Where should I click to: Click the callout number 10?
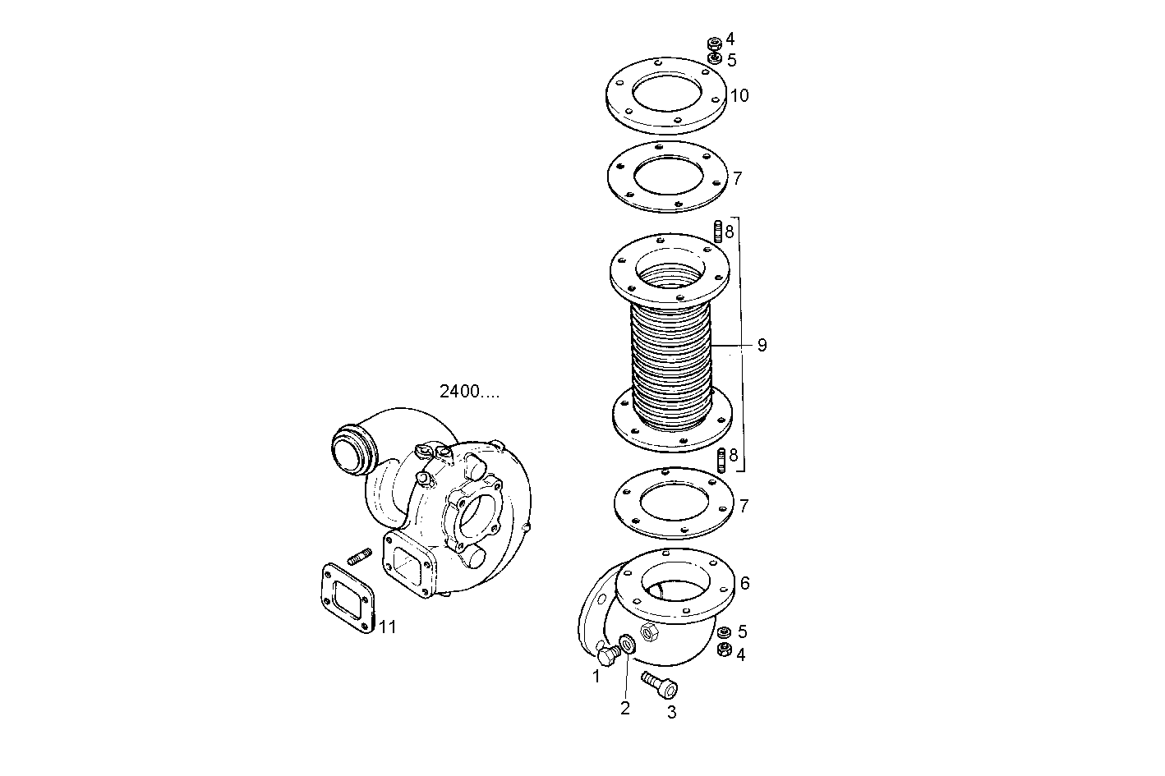click(739, 96)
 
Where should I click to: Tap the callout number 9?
click(762, 346)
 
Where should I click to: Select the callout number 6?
click(744, 584)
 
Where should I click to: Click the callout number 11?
click(387, 627)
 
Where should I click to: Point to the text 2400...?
click(469, 392)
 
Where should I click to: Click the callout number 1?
click(596, 677)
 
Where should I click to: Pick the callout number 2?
click(624, 708)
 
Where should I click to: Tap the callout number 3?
click(671, 713)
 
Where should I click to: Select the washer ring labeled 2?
click(627, 642)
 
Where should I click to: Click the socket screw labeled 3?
click(659, 683)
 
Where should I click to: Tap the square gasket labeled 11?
click(346, 595)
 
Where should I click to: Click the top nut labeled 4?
click(715, 42)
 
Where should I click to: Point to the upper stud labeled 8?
click(718, 232)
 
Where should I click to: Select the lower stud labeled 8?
click(721, 459)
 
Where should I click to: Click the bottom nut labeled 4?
click(725, 650)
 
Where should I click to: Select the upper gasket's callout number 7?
click(738, 178)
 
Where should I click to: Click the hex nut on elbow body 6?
click(647, 631)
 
